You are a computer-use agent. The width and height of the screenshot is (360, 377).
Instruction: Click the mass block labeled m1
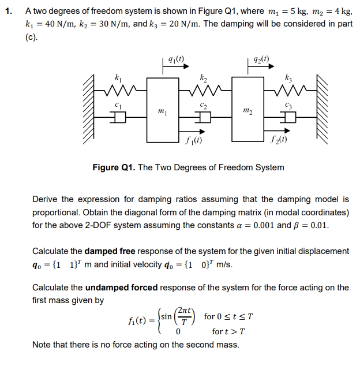click(x=163, y=110)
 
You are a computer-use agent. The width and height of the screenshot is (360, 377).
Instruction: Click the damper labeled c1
click(x=118, y=117)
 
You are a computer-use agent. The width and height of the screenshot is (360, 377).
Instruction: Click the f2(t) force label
click(x=279, y=139)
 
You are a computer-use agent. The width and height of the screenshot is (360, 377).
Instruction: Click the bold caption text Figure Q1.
click(x=114, y=167)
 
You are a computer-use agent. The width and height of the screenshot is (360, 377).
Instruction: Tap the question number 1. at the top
click(x=10, y=10)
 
